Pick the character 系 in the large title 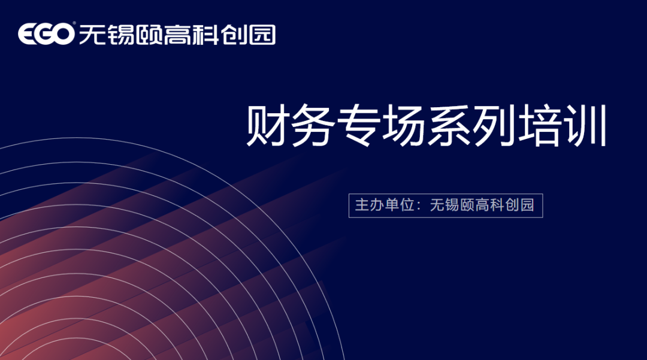[x=449, y=125]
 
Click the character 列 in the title [x=494, y=125]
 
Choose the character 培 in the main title [x=540, y=125]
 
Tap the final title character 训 [x=586, y=125]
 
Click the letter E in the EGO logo [x=27, y=34]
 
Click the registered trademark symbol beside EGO [x=74, y=23]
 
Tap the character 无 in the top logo [x=89, y=34]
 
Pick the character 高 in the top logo [x=176, y=34]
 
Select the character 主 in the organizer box [x=362, y=205]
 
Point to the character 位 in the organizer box [x=407, y=205]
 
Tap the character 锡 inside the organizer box [x=452, y=205]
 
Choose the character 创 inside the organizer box [x=512, y=205]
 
